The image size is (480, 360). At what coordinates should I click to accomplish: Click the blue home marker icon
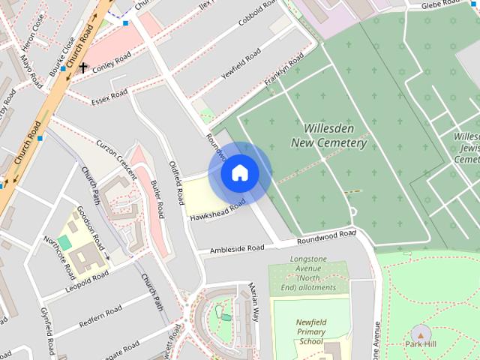240,173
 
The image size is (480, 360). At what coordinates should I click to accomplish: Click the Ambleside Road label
237,248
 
